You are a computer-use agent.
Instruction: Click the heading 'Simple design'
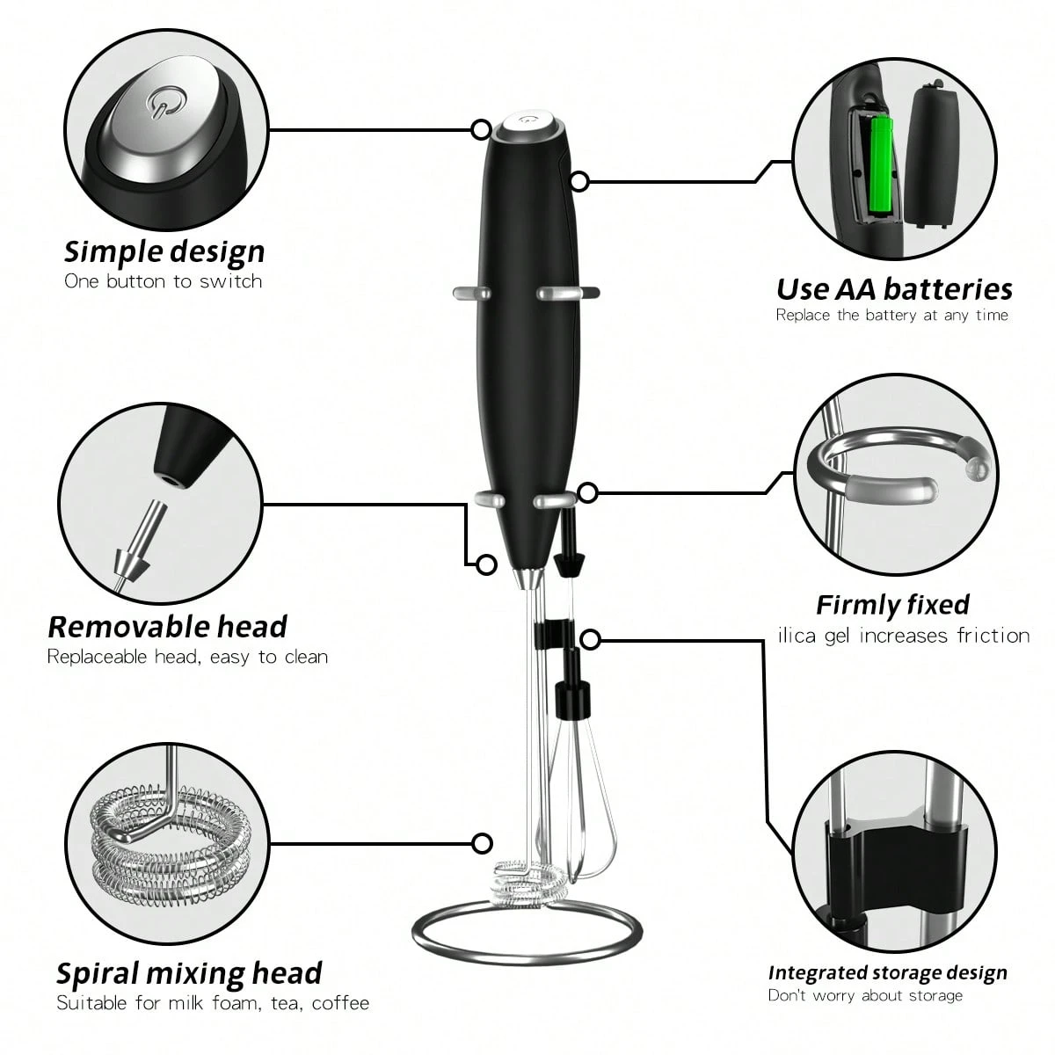tap(164, 251)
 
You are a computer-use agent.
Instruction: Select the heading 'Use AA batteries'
tap(894, 288)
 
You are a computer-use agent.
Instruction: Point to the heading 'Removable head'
tap(167, 627)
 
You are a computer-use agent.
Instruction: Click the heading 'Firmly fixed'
tap(892, 605)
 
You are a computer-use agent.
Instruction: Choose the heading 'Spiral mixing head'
tap(189, 973)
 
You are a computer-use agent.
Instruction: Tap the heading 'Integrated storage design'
tap(887, 972)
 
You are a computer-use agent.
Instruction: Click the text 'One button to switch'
tap(164, 281)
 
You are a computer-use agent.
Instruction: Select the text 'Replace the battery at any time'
tap(891, 315)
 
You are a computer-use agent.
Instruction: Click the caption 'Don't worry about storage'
tap(865, 995)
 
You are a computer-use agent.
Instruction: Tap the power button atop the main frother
tap(530, 124)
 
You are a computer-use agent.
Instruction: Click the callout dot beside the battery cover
tap(578, 182)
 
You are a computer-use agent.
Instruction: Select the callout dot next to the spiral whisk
tap(481, 843)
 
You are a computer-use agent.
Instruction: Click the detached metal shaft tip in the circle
tap(132, 545)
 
